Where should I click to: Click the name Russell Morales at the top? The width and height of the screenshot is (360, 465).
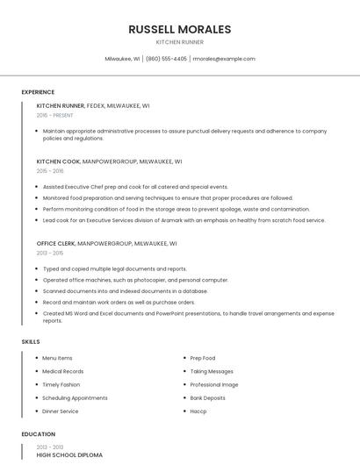point(179,29)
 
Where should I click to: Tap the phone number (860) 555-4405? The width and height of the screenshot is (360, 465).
point(166,59)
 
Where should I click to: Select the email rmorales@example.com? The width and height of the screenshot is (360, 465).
point(224,59)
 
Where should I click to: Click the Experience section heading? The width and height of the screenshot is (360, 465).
point(38,92)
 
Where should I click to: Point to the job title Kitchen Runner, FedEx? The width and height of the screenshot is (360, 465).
point(93,105)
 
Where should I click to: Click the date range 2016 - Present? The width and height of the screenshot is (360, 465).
point(55,115)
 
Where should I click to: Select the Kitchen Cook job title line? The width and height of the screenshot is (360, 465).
point(109,161)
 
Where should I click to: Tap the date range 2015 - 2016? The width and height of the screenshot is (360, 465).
point(50,172)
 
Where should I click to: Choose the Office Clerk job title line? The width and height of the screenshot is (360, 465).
point(106,243)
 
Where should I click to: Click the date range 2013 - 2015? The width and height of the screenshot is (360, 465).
point(50,254)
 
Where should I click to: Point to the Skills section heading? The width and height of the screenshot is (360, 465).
point(31,341)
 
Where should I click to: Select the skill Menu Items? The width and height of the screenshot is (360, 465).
point(57,358)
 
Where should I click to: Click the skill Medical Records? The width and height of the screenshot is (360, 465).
point(63,371)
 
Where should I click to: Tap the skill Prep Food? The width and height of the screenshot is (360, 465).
point(203,358)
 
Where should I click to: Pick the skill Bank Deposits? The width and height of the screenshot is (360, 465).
point(208,398)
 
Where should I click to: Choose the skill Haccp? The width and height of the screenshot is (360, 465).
point(198,411)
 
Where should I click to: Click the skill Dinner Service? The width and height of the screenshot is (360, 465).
point(61,411)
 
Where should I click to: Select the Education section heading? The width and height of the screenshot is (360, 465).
point(38,434)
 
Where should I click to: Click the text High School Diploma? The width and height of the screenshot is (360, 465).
point(69,455)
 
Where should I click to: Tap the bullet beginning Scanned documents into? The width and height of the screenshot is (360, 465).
point(125,290)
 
